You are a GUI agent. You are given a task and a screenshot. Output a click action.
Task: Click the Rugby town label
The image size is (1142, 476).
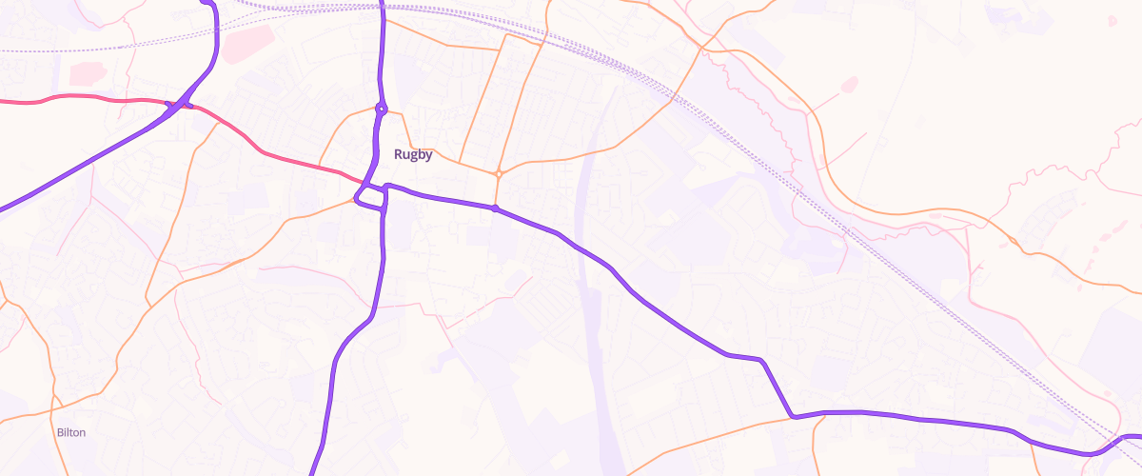click(413, 155)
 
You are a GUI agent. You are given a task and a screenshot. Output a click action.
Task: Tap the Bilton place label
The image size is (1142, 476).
click(71, 432)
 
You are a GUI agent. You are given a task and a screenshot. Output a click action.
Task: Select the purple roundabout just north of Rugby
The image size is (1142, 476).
click(381, 109)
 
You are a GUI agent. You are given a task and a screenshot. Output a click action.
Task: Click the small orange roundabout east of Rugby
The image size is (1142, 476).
click(498, 173)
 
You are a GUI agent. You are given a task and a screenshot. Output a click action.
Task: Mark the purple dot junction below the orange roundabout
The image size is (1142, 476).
click(495, 208)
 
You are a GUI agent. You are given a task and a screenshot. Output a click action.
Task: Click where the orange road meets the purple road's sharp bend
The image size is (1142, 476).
click(792, 416)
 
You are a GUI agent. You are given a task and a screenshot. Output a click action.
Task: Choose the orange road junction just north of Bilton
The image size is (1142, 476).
click(54, 397)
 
